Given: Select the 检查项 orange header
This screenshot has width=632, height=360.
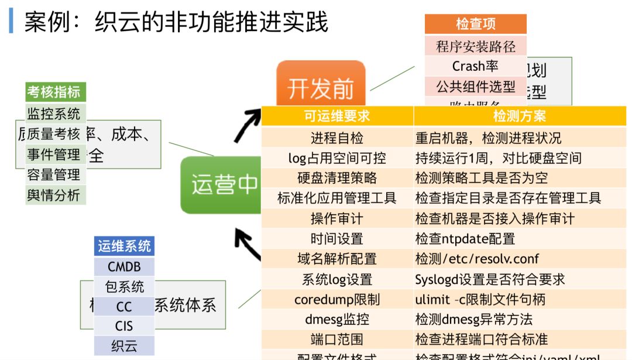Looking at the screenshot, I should pyautogui.click(x=475, y=23).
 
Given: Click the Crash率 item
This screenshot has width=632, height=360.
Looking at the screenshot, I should pyautogui.click(x=475, y=66).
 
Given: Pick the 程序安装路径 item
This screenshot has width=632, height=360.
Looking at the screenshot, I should pyautogui.click(x=475, y=46).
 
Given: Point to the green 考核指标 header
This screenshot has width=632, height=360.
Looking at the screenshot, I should pyautogui.click(x=53, y=92).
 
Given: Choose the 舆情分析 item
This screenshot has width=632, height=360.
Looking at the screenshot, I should pyautogui.click(x=53, y=195).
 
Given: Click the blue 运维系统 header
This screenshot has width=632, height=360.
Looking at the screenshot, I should pyautogui.click(x=124, y=246).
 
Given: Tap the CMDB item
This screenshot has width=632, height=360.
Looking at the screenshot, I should pyautogui.click(x=124, y=267).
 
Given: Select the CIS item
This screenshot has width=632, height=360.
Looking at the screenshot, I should pyautogui.click(x=124, y=326).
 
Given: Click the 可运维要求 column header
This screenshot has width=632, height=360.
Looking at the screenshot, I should pyautogui.click(x=337, y=116).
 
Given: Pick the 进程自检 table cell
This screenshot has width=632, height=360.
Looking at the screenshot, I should pyautogui.click(x=337, y=138).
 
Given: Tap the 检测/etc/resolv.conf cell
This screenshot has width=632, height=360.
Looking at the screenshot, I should pyautogui.click(x=477, y=259).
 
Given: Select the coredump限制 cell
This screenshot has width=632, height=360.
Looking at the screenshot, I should pyautogui.click(x=337, y=300).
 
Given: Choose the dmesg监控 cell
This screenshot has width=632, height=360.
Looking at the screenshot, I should pyautogui.click(x=337, y=320).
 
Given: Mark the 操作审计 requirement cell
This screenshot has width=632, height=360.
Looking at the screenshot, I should pyautogui.click(x=337, y=219).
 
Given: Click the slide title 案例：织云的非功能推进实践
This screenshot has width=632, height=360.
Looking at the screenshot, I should pyautogui.click(x=176, y=22).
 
